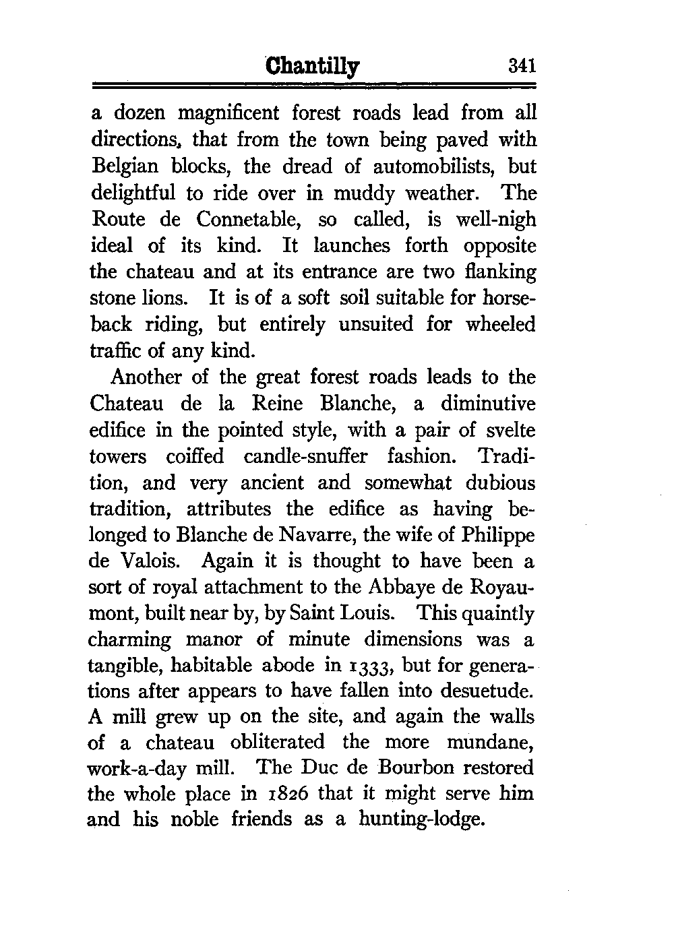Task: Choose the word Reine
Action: pos(280,404)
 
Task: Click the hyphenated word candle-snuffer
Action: pos(305,456)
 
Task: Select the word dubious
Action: pos(491,482)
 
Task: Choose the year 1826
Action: pos(284,795)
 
